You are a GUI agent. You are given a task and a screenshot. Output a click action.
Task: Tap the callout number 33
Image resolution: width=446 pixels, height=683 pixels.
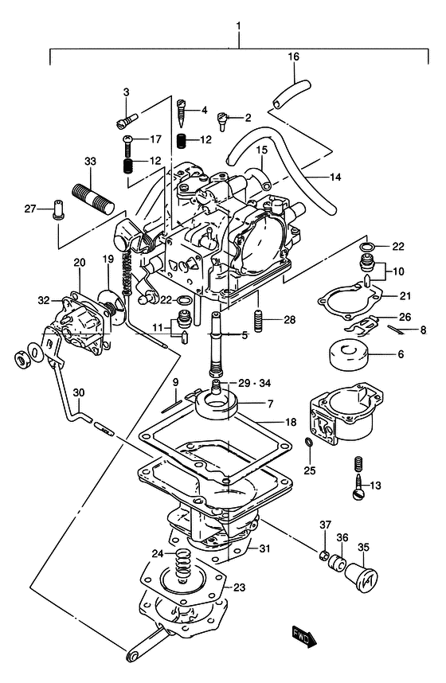click(90, 161)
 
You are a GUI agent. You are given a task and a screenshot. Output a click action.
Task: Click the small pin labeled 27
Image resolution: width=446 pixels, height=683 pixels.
click(57, 209)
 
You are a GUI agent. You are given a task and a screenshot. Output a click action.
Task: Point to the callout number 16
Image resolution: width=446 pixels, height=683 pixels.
click(294, 57)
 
